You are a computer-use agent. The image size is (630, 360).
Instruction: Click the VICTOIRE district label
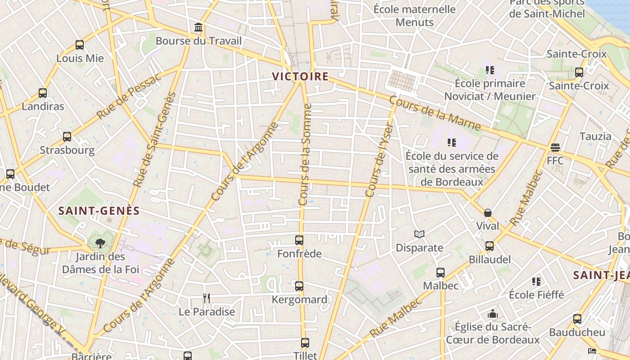click(x=301, y=76)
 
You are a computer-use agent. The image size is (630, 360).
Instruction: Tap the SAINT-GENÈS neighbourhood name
click(x=99, y=211)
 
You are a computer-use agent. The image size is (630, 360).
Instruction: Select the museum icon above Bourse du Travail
click(x=198, y=27)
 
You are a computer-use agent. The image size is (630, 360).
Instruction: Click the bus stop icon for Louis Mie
click(x=80, y=45)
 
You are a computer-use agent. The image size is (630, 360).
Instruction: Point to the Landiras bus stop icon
click(x=43, y=93)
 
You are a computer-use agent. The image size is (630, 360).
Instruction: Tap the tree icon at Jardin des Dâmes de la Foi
click(x=100, y=243)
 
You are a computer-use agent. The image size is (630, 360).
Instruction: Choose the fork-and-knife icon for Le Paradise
click(x=207, y=298)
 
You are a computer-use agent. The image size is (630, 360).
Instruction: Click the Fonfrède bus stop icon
click(x=299, y=240)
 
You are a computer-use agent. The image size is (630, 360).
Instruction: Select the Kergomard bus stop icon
click(x=299, y=286)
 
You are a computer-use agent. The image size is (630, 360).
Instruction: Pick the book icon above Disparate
click(x=419, y=234)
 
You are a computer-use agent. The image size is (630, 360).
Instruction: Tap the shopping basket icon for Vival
click(x=488, y=213)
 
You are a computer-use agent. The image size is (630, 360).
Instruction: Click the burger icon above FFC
click(x=555, y=147)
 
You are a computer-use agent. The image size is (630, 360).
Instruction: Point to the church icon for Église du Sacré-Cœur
click(x=493, y=314)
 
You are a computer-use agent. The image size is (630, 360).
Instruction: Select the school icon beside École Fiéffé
click(x=536, y=282)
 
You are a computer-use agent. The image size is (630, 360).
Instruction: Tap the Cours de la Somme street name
click(x=306, y=154)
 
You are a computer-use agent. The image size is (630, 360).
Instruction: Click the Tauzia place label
click(x=595, y=136)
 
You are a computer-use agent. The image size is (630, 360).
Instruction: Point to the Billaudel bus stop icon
click(x=490, y=246)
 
